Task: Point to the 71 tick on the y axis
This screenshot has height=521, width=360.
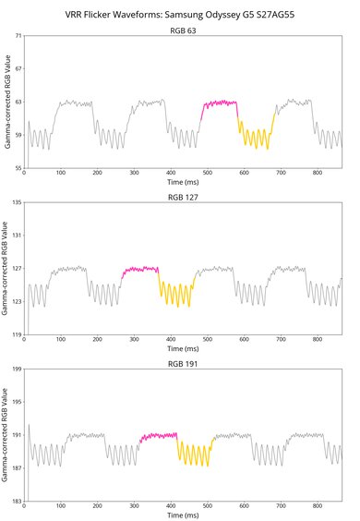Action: [18, 36]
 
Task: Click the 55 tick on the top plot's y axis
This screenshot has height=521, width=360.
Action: [18, 168]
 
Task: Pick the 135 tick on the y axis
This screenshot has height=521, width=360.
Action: [16, 202]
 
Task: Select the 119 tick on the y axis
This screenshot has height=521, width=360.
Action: [16, 334]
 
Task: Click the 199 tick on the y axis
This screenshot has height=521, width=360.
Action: [16, 369]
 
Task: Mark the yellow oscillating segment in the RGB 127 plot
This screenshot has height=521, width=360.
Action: [175, 294]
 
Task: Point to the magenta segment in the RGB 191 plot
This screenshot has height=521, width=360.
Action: [159, 434]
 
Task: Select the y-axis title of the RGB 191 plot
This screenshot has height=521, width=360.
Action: [6, 435]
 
